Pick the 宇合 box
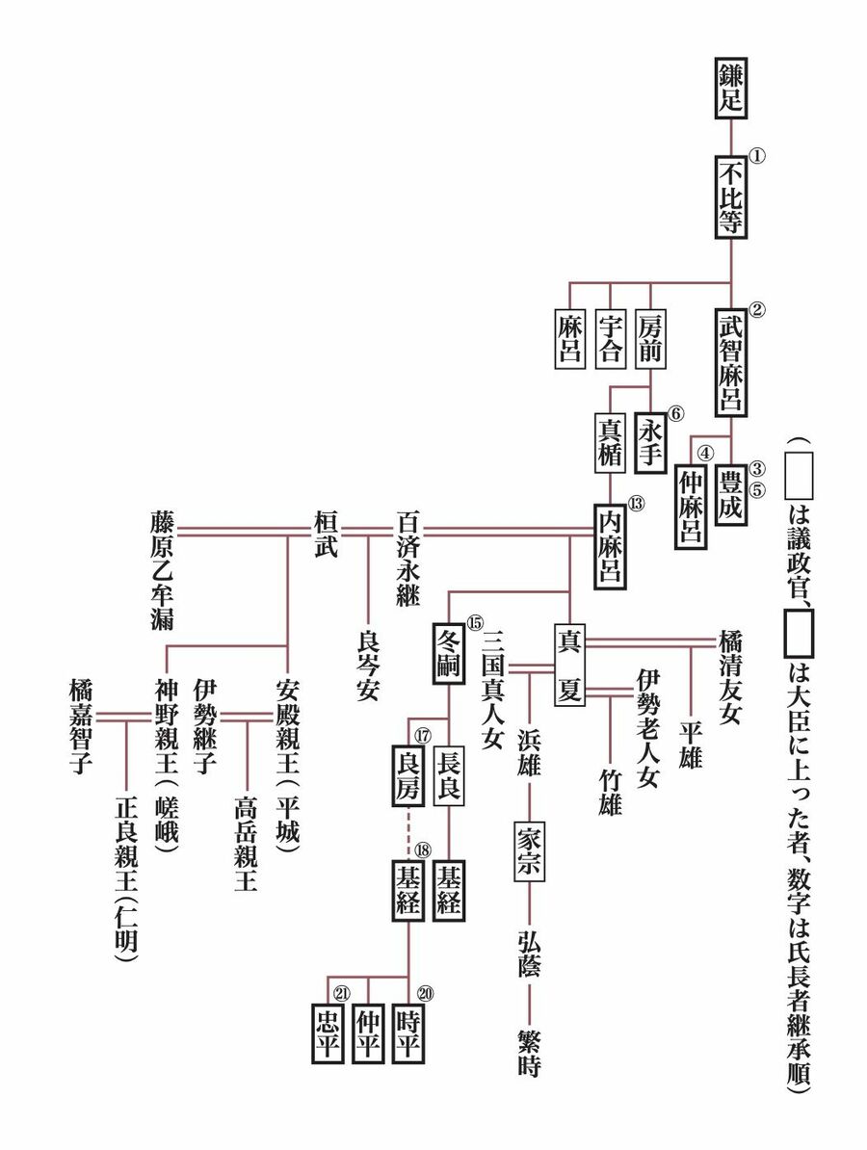[611, 337]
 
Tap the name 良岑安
[367, 665]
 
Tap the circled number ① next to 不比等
[756, 153]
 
